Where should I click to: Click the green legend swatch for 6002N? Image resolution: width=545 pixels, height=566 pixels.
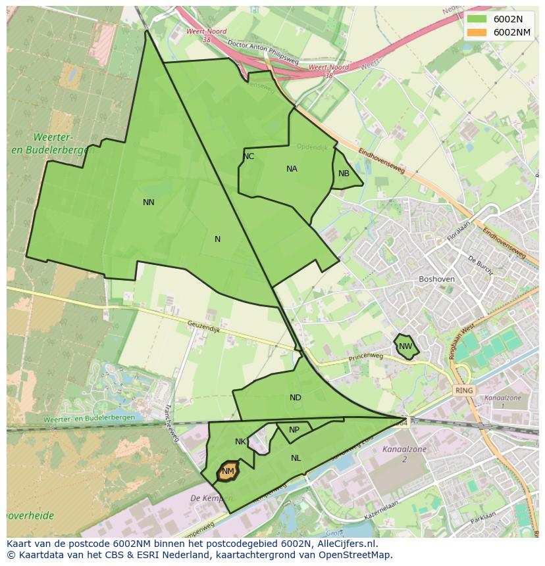point(476,19)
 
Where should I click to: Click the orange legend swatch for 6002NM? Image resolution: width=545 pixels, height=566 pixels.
point(476,32)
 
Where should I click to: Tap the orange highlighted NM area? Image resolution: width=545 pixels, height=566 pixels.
point(228,471)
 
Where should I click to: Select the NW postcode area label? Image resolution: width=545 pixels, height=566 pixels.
point(405,346)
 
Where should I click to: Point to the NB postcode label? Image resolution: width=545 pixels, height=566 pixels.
point(344,174)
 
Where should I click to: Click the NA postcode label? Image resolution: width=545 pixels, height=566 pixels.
point(292,169)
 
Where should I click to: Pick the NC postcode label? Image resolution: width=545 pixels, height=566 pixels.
point(248,156)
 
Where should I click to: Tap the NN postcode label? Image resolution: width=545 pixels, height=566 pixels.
point(149,202)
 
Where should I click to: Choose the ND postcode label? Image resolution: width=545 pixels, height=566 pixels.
point(295,398)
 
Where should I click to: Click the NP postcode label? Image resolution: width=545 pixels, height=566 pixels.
point(294,430)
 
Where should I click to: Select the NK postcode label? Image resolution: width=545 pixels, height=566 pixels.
point(240,442)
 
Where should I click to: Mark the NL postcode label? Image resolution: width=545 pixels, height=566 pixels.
point(296,458)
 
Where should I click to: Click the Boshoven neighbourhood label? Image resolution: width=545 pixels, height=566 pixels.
point(436,279)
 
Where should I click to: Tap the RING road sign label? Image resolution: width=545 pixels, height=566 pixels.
point(464,390)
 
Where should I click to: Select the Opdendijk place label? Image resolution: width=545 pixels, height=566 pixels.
point(311,147)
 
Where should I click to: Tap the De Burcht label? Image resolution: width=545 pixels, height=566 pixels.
point(480,262)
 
